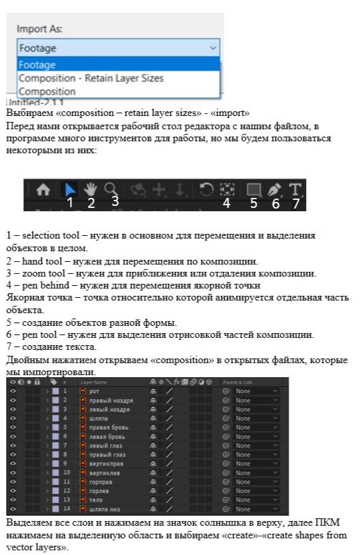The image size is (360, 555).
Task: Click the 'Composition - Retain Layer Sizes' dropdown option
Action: [91, 78]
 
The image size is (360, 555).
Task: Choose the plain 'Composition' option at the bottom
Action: [47, 91]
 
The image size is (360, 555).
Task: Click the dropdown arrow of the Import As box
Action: [213, 48]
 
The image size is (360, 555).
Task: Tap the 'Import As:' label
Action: [40, 30]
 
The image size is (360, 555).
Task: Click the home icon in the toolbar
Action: [43, 190]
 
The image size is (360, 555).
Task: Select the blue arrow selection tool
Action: [70, 190]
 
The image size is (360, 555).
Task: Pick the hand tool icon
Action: [91, 189]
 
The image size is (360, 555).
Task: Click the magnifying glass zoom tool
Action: [112, 189]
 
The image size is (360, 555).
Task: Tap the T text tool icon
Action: [295, 189]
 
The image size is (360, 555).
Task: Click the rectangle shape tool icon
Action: [253, 189]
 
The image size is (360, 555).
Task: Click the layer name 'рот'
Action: [94, 391]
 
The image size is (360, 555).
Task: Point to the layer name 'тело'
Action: [96, 500]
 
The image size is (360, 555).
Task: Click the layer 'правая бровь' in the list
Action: [107, 427]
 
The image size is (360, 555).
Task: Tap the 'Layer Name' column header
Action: [94, 382]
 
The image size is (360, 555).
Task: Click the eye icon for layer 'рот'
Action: [13, 391]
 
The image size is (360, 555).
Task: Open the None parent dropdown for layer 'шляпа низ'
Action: [256, 509]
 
